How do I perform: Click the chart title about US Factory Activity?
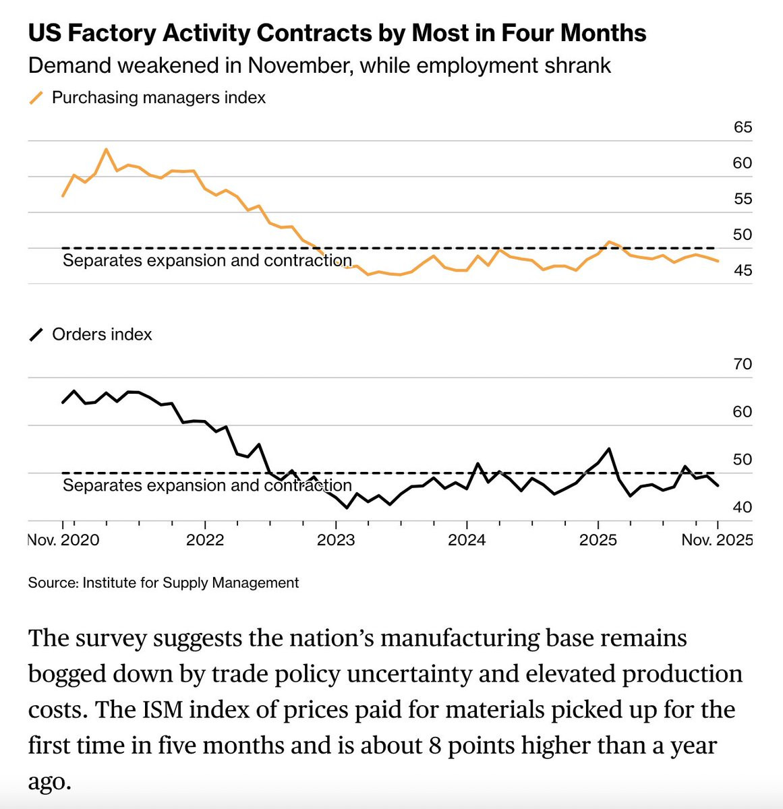337,32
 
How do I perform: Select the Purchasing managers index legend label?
158,98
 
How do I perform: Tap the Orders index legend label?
102,334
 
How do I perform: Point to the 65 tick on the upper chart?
743,127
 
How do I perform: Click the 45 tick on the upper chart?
743,270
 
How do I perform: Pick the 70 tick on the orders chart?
743,364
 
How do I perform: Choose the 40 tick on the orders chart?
743,507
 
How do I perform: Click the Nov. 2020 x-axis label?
63,540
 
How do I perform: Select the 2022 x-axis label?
205,540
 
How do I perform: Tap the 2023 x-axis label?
336,540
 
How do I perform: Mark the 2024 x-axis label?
467,540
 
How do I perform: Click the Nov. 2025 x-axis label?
717,540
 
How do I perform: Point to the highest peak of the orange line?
106,149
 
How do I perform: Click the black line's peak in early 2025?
609,448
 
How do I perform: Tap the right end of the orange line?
718,261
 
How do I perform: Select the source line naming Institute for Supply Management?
163,582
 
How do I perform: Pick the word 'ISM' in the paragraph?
212,710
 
